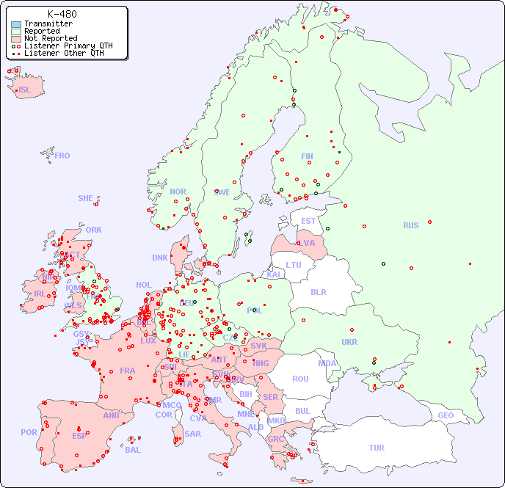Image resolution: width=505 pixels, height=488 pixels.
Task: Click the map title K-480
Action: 62,14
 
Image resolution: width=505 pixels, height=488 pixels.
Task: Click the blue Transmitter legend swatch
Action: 16,24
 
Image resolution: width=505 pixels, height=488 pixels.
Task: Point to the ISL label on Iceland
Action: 25,90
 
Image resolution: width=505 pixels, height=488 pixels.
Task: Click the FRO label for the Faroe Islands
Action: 62,156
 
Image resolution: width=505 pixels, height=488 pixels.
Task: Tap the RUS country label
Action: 410,225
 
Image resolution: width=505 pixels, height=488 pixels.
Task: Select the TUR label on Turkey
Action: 377,448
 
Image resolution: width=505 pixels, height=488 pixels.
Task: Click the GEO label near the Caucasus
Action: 446,415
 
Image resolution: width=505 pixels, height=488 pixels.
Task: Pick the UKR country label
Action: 349,342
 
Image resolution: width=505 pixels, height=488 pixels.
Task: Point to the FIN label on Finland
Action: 307,156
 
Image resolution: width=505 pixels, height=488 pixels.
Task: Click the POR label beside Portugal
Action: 29,432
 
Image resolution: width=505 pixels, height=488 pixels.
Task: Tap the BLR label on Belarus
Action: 318,291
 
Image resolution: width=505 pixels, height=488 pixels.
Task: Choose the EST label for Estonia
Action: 308,221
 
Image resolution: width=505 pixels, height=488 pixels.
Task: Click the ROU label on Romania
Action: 300,379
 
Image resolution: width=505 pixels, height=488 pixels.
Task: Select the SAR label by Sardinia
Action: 192,434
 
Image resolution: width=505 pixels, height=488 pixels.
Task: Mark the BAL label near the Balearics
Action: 133,450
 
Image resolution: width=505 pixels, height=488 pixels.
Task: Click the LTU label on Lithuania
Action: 294,265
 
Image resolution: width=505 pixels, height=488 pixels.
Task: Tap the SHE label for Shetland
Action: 86,198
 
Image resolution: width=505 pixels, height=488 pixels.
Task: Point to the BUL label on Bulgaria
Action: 302,411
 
